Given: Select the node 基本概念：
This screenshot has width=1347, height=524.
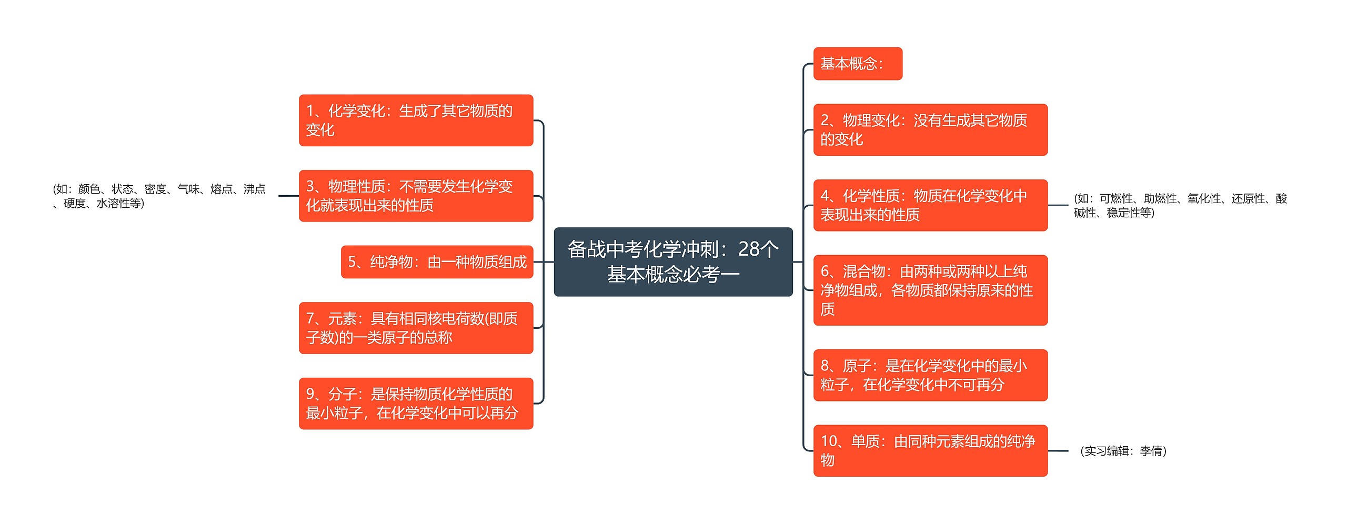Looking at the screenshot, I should [x=857, y=64].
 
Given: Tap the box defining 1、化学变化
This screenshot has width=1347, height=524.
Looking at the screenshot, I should [x=416, y=120].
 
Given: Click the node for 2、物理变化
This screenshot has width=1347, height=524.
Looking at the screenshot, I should [x=930, y=129].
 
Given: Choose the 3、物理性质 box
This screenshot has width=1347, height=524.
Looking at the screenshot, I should [x=416, y=196].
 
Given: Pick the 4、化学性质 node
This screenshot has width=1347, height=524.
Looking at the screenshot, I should [x=930, y=205].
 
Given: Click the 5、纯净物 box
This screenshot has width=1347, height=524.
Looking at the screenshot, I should [x=437, y=261].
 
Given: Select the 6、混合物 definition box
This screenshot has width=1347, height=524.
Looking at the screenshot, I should [x=930, y=290].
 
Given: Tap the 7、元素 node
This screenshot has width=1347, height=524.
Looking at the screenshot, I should [x=416, y=328].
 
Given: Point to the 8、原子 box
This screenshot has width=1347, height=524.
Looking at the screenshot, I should [x=930, y=375].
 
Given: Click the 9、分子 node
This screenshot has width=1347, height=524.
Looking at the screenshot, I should [x=416, y=404].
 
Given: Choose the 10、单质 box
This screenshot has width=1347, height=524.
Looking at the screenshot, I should [x=930, y=450].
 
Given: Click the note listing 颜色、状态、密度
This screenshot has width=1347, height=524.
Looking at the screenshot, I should [x=159, y=196].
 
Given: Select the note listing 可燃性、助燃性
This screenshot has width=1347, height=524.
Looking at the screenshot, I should [x=1180, y=205].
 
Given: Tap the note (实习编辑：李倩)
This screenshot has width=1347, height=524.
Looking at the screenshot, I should [x=1123, y=451].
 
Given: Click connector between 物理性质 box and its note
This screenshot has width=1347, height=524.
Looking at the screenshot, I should [x=288, y=196].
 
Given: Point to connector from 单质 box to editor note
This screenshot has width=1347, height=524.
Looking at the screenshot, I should [x=1058, y=451].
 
